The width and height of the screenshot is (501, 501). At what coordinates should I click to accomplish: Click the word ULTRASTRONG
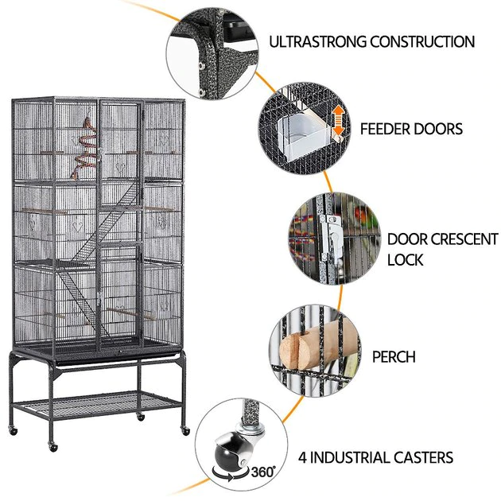coord(317,42)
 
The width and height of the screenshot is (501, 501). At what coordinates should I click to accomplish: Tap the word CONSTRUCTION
coord(422,42)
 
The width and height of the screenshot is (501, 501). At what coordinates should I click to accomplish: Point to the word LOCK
coord(405,260)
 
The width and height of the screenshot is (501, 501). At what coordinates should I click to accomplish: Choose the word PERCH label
coord(394,357)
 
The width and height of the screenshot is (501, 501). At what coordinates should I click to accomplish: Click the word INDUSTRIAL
coord(350,457)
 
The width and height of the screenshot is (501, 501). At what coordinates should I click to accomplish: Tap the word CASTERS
coord(423,457)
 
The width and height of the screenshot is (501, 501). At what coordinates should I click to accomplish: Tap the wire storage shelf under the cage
coord(96,405)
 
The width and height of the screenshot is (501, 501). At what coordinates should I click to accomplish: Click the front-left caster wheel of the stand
coord(52,447)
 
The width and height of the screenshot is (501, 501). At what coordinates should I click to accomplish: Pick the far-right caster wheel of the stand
coord(185,431)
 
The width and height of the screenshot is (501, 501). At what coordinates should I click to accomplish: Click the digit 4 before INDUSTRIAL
coord(302,457)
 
